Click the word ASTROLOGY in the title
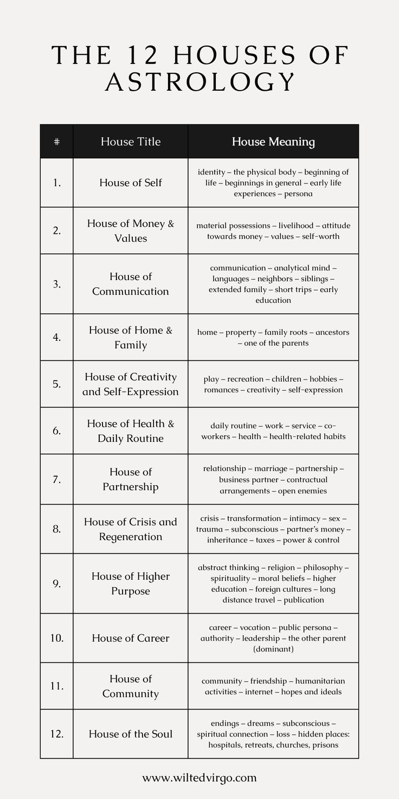(200, 81)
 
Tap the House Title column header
(131, 142)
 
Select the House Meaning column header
(273, 142)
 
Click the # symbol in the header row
(57, 142)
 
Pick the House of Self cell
(131, 182)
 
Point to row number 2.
(57, 230)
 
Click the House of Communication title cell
(131, 284)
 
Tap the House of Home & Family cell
(131, 337)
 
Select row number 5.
(57, 384)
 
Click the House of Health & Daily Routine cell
(131, 430)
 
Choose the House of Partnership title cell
(131, 479)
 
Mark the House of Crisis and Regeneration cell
(131, 529)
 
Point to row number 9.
(57, 584)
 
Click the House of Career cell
(131, 638)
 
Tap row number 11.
(57, 686)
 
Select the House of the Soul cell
(131, 734)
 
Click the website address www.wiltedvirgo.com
(200, 778)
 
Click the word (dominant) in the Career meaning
(273, 649)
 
